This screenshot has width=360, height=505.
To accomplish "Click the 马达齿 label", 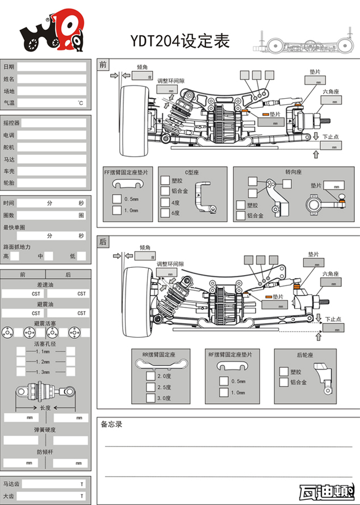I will point(11,484).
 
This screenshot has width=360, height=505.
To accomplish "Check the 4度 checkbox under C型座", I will point(165,202).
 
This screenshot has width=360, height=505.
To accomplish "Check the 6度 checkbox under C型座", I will point(165,213).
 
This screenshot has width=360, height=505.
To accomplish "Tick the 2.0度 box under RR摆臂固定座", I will point(150,376).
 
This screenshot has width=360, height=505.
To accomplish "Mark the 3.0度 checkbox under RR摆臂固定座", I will point(150,398).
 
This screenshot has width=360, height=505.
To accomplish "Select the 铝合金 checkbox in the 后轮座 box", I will point(283,382).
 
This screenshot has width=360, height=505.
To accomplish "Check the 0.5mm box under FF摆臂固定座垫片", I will point(117,199).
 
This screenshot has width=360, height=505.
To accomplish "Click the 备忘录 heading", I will point(111,424).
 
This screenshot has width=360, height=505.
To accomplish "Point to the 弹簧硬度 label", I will point(45,430).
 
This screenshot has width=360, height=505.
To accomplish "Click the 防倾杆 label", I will point(45,452).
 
